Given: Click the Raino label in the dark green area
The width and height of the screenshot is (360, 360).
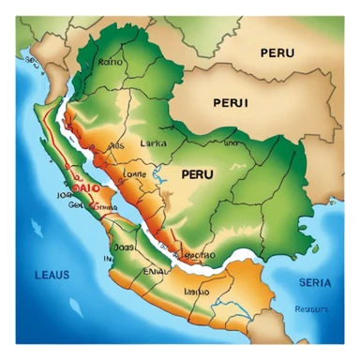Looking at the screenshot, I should pos(111,62).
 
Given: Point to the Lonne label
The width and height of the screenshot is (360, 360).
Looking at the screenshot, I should pos(134,173).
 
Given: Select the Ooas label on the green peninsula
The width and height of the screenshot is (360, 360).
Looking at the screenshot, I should pos(125,247).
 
